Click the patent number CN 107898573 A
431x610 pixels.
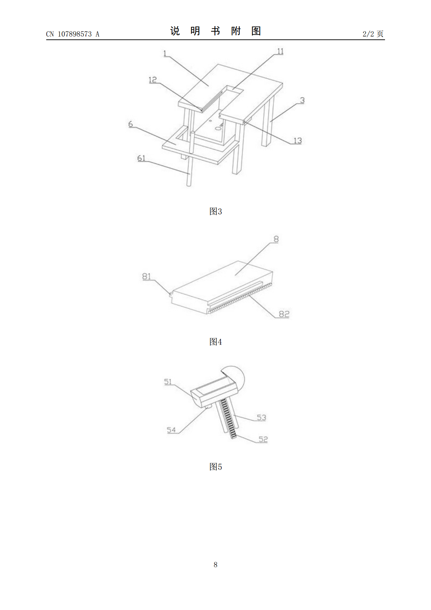73,34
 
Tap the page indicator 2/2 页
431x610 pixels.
373,34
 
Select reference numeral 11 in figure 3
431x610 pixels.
280,51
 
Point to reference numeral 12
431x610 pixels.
153,80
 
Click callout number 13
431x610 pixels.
298,141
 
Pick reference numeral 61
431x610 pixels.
141,158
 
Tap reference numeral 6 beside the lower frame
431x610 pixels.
131,124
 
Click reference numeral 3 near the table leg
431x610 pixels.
302,100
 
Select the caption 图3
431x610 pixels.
215,211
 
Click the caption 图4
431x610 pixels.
215,342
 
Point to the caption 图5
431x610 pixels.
215,467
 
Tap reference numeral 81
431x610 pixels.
146,276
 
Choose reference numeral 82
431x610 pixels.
284,314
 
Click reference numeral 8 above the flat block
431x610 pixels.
276,239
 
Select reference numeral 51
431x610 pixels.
168,382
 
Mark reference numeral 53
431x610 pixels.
261,417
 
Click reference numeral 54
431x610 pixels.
171,430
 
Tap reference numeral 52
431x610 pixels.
263,439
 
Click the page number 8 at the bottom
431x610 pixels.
215,564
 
